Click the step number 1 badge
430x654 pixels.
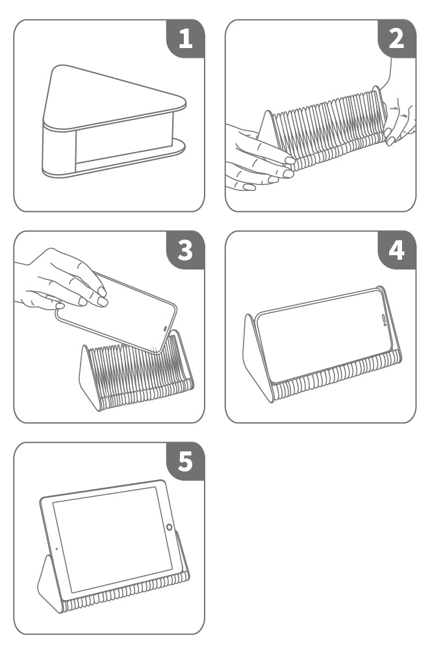click(x=186, y=38)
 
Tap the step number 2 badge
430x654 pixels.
click(x=397, y=38)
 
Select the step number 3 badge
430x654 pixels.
click(x=186, y=250)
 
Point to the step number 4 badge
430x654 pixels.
click(x=397, y=250)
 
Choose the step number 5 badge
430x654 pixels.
click(x=186, y=461)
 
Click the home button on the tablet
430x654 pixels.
click(x=169, y=527)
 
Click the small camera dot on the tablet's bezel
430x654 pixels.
click(x=57, y=549)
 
